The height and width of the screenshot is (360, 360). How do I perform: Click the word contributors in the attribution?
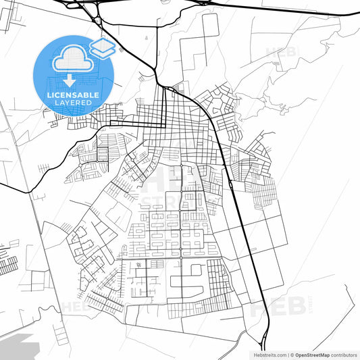[x=344, y=355]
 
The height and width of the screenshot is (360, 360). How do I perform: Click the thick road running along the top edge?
[x=284, y=7]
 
